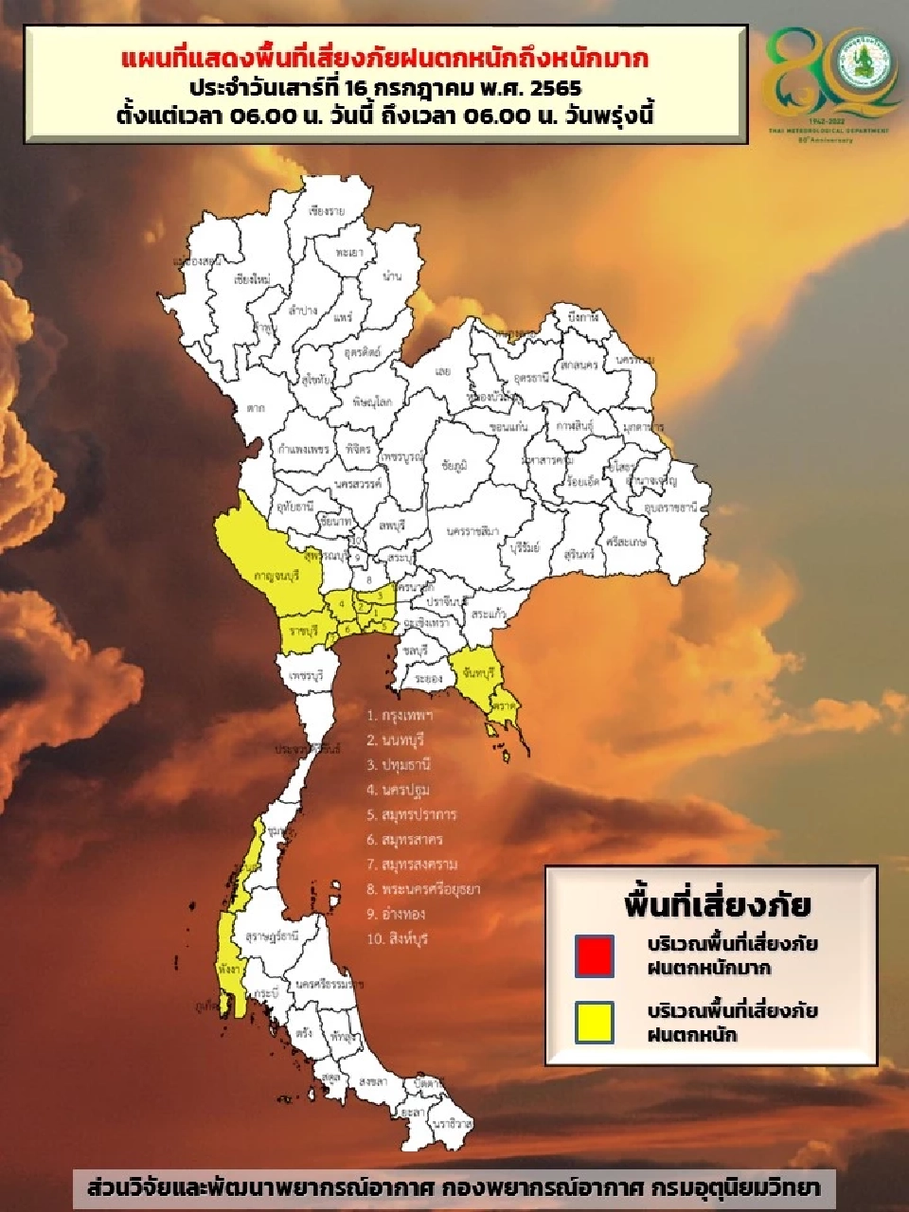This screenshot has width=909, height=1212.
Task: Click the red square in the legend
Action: pyautogui.click(x=594, y=955)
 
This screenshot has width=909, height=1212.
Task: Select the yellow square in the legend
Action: pyautogui.click(x=594, y=1023)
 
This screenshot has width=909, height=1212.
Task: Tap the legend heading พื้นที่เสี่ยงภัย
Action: pyautogui.click(x=717, y=904)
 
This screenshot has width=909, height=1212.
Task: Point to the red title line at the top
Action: pyautogui.click(x=385, y=59)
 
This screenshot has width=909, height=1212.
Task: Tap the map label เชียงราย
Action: pyautogui.click(x=327, y=211)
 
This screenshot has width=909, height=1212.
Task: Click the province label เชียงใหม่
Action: pyautogui.click(x=252, y=280)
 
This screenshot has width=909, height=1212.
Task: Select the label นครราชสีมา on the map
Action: pyautogui.click(x=472, y=531)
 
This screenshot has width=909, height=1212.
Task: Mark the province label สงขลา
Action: pyautogui.click(x=373, y=1080)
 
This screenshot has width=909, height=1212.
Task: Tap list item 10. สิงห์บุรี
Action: pyautogui.click(x=397, y=938)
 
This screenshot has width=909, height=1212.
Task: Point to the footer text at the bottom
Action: pyautogui.click(x=454, y=1188)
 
